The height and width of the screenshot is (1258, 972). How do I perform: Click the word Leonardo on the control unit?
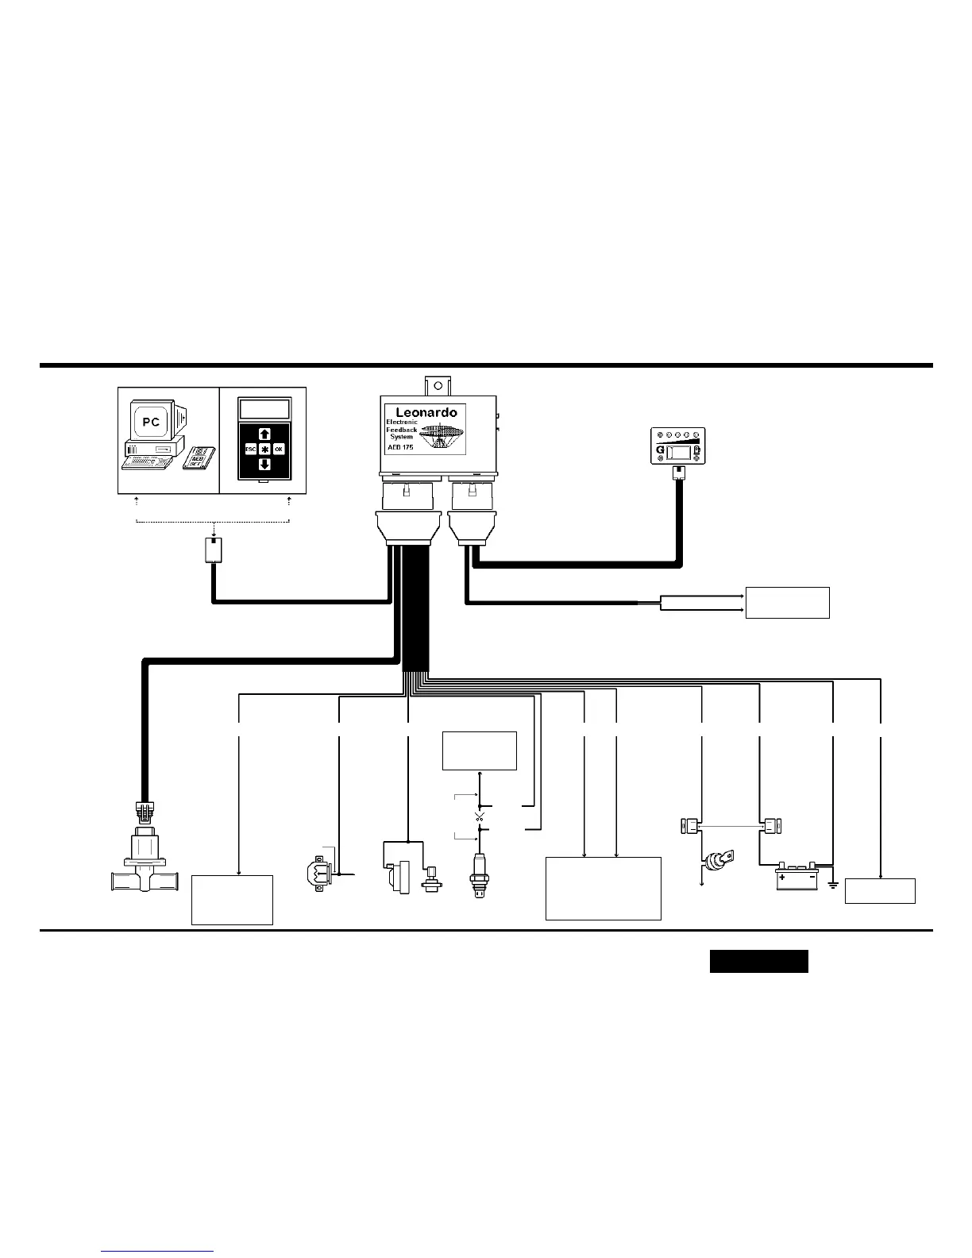coord(426,413)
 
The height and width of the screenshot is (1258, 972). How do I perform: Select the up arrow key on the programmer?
coord(264,434)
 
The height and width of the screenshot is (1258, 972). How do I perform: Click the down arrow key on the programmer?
coord(264,464)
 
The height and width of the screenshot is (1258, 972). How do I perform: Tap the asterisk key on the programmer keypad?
coord(264,449)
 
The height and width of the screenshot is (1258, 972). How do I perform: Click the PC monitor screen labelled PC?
coord(151,422)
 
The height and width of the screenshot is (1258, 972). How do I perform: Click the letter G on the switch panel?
coord(660,451)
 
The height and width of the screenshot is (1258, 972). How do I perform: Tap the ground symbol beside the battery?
coord(833,883)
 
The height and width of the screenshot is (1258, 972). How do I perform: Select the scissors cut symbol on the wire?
coord(479,816)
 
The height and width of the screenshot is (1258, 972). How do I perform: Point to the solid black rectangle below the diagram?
coord(758,961)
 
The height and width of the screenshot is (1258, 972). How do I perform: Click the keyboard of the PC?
coord(147,460)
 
